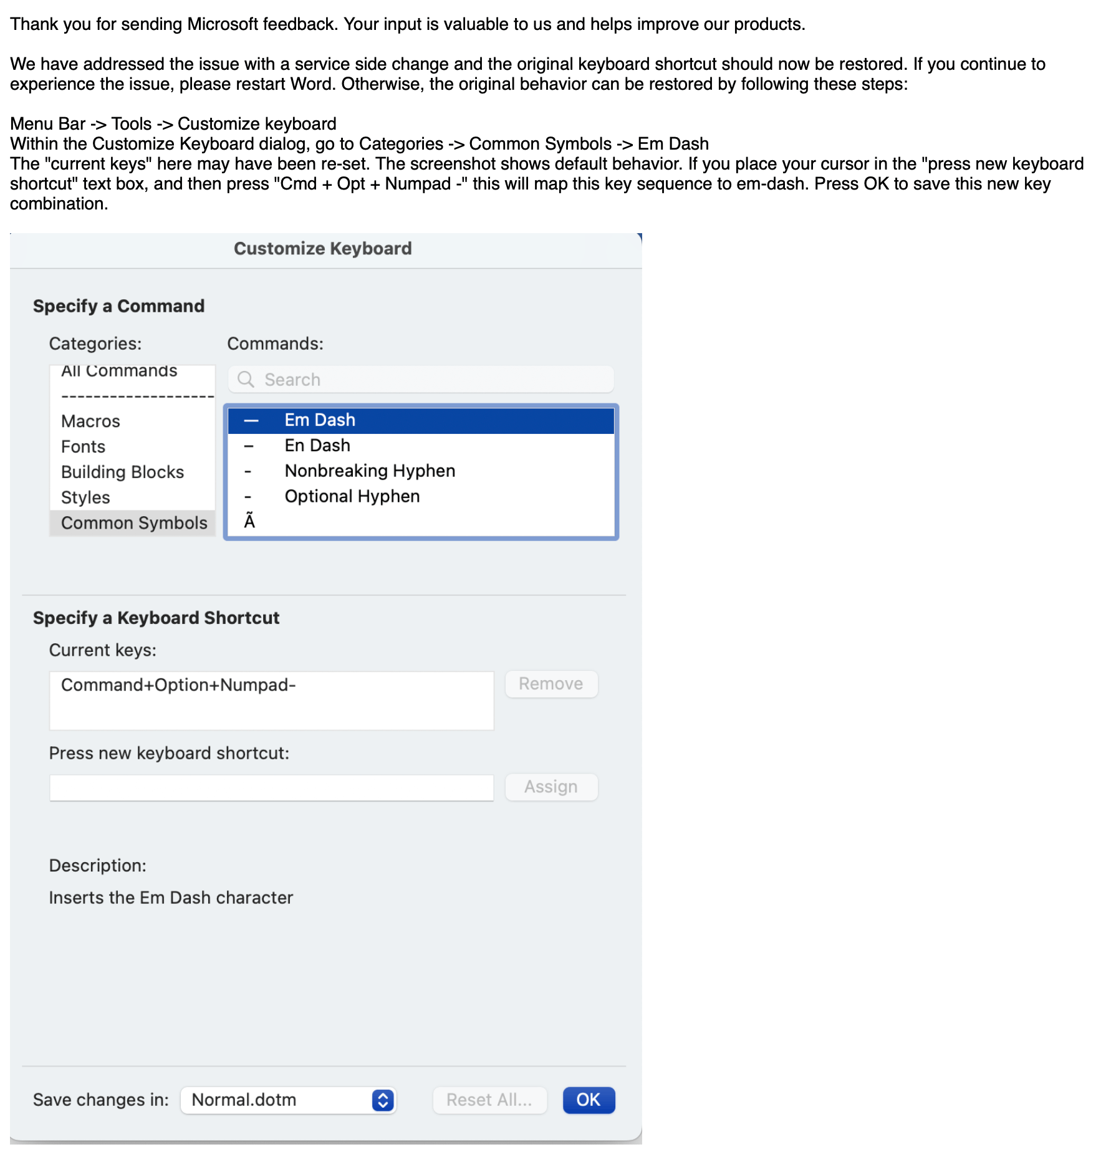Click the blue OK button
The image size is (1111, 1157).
point(588,1100)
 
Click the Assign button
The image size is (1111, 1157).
point(551,787)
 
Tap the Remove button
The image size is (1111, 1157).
point(551,684)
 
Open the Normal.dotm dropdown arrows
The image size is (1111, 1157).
point(383,1100)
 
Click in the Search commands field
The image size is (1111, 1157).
point(430,380)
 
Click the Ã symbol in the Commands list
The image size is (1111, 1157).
point(249,521)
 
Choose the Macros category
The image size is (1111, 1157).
point(90,421)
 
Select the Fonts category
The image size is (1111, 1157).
point(83,447)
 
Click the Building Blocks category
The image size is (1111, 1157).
point(122,473)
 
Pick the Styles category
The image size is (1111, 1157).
point(85,498)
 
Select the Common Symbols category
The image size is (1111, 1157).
point(134,523)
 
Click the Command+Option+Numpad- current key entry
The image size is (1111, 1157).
point(178,685)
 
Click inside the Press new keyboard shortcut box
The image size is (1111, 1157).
point(271,788)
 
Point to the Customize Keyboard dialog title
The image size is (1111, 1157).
point(322,249)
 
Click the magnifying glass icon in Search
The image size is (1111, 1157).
point(246,380)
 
